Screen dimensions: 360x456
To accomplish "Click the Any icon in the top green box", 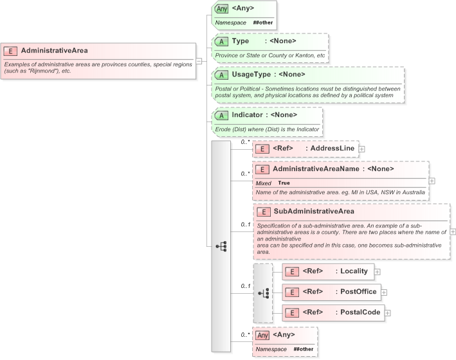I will (221, 8).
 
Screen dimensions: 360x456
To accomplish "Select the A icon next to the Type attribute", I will (222, 41).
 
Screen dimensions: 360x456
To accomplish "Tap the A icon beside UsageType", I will (222, 75).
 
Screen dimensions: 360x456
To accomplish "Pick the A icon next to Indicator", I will (222, 115).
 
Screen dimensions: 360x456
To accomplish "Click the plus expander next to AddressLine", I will (361, 149).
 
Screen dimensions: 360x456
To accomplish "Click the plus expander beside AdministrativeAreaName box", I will (432, 181).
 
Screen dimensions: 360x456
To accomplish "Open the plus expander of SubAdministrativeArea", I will (453, 231).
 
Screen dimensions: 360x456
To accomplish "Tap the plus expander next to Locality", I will (378, 273).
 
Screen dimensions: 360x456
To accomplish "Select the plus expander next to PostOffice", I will (384, 292).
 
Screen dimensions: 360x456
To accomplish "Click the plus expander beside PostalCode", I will (388, 313).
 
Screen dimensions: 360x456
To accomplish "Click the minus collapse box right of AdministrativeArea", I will (199, 61).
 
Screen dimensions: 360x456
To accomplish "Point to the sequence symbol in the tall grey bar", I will (221, 246).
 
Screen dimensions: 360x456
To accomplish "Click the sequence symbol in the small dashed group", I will (263, 293).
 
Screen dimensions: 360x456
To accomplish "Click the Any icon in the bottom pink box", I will (262, 335).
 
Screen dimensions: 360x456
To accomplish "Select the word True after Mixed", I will (284, 183).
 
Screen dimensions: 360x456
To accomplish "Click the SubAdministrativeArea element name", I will (313, 211).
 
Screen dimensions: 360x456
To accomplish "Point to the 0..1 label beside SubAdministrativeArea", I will (245, 224).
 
